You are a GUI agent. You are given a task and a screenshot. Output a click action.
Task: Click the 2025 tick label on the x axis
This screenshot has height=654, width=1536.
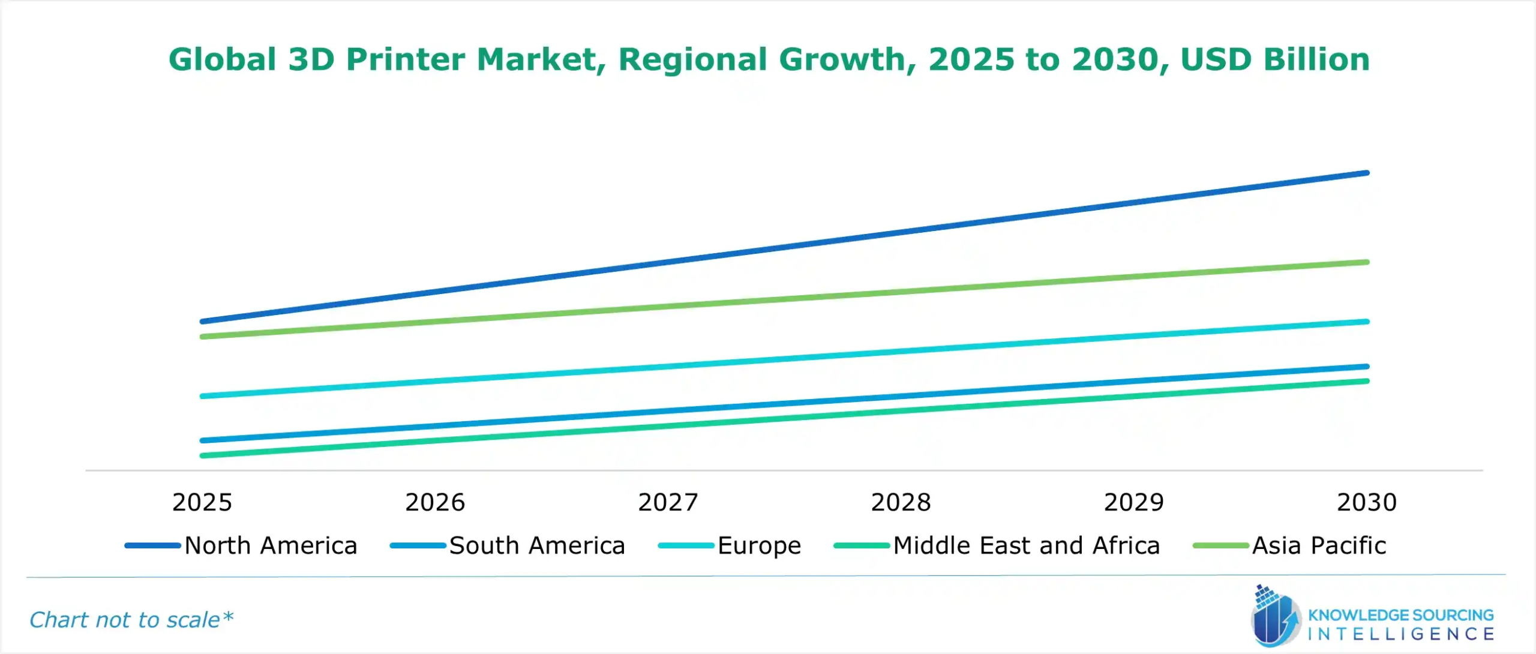point(202,502)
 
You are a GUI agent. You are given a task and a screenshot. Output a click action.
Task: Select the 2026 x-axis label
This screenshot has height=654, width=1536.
point(435,502)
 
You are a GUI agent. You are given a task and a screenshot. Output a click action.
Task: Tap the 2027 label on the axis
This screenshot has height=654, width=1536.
point(668,502)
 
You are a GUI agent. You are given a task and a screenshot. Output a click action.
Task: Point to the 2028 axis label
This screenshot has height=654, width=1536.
point(901,502)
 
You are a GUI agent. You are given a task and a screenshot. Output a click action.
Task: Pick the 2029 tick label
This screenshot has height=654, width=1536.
point(1133,502)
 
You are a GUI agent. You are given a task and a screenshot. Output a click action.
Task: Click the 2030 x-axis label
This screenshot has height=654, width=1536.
point(1367,502)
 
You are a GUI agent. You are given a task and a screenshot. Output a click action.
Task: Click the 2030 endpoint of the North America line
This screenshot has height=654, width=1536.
point(1367,173)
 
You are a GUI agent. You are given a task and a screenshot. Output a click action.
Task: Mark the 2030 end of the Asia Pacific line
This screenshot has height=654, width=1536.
point(1367,262)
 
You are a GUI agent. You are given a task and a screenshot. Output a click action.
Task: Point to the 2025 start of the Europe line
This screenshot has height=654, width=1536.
point(202,396)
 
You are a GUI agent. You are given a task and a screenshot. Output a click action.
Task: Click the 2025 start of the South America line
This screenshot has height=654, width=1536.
point(202,440)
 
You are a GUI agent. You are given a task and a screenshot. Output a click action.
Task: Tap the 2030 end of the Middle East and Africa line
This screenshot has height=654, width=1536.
point(1367,381)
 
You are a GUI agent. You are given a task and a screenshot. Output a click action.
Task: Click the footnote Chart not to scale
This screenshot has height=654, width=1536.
point(131,620)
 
